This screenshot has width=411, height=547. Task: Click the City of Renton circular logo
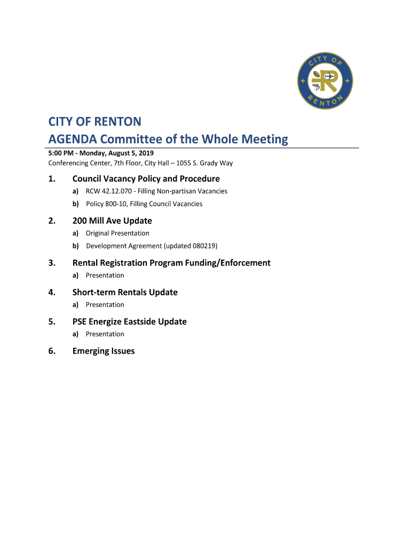(325, 83)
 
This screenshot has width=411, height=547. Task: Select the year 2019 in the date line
(145, 153)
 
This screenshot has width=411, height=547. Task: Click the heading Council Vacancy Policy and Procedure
(146, 178)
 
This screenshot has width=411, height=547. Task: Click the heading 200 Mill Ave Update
(112, 221)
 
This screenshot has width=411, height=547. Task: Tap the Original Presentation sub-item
(117, 233)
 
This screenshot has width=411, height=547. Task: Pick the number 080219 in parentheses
(203, 246)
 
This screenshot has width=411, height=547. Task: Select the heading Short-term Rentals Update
(125, 292)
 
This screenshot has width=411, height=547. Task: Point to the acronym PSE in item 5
(79, 322)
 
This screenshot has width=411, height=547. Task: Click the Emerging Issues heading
(104, 351)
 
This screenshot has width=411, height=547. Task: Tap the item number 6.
(51, 351)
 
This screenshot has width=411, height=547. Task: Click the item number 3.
(51, 263)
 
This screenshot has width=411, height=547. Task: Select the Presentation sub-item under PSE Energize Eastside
(105, 334)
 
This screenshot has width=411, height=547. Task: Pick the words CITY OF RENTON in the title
(95, 122)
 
